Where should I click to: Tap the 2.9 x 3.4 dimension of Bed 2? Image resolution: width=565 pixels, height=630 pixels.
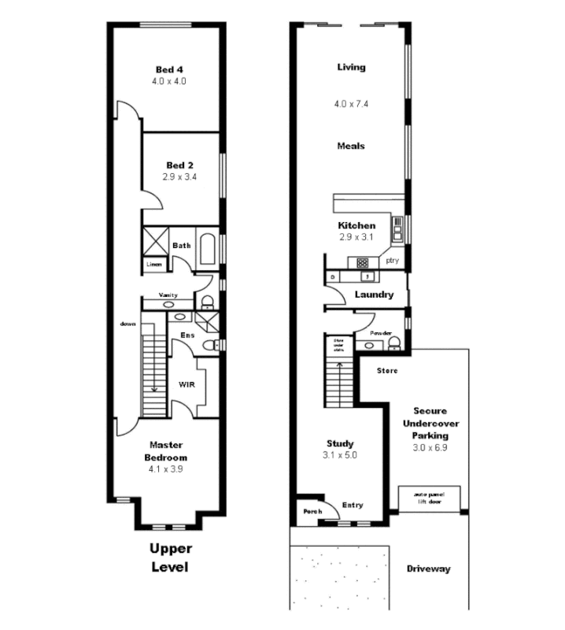180,177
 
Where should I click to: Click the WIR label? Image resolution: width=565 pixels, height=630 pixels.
187,384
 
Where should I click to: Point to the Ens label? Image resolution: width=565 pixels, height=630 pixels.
187,335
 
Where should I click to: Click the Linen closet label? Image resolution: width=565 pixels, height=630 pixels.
153,265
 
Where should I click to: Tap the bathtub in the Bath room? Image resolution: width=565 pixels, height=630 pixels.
209,250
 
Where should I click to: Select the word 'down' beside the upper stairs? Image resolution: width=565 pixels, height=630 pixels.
128,324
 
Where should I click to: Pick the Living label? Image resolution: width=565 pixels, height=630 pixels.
351,67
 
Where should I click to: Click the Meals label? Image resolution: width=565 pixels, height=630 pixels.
351,146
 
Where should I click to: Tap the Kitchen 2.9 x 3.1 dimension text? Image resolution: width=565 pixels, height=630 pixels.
356,236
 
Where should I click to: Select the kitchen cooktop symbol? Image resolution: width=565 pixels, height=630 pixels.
363,262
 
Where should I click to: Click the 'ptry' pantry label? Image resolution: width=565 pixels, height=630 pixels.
392,260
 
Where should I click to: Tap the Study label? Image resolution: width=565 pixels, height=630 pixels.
339,443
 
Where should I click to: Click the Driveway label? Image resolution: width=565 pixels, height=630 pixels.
428,569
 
